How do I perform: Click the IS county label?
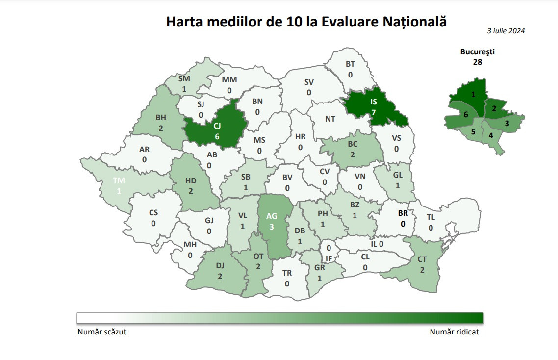pyautogui.click(x=374, y=102)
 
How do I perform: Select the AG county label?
pyautogui.click(x=271, y=216)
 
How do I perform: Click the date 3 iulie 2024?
pyautogui.click(x=506, y=30)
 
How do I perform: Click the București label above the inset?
pyautogui.click(x=477, y=51)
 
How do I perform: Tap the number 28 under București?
pyautogui.click(x=477, y=62)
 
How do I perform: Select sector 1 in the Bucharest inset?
pyautogui.click(x=473, y=94)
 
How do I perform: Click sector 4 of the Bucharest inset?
pyautogui.click(x=491, y=135)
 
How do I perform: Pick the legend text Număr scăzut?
pyautogui.click(x=102, y=332)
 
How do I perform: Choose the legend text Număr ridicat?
pyautogui.click(x=454, y=332)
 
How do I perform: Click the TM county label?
pyautogui.click(x=119, y=180)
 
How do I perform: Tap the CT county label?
pyautogui.click(x=422, y=259)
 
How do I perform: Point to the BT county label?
pyautogui.click(x=350, y=64)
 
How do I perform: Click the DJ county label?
pyautogui.click(x=220, y=266)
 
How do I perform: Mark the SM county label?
pyautogui.click(x=184, y=78)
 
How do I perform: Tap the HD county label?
pyautogui.click(x=191, y=180)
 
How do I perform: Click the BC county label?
pyautogui.click(x=353, y=145)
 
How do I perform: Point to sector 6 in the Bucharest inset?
pyautogui.click(x=465, y=114)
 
